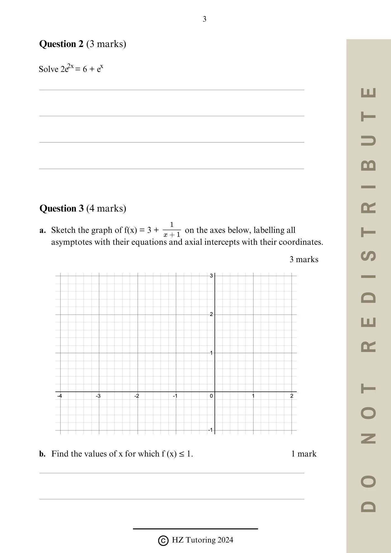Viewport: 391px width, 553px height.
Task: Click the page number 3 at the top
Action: click(x=205, y=19)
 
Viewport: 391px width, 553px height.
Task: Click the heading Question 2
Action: click(x=61, y=44)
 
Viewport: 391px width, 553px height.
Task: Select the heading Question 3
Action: click(x=61, y=208)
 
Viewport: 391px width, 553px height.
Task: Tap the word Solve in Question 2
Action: click(x=48, y=69)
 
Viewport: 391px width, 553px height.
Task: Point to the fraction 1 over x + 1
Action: click(x=172, y=230)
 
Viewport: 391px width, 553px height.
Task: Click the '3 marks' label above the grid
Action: click(x=304, y=259)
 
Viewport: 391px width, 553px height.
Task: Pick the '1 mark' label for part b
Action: click(x=304, y=454)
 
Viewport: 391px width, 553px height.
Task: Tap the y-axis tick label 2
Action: click(x=211, y=314)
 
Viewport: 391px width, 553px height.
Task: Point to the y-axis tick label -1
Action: click(x=210, y=430)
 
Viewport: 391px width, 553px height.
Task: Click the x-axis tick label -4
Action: click(x=59, y=396)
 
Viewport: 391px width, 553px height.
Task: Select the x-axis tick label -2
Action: click(x=137, y=396)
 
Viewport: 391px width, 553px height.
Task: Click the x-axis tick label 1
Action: click(x=253, y=396)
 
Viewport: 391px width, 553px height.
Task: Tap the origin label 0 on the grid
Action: click(x=211, y=396)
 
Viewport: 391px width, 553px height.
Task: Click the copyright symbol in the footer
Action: click(x=163, y=541)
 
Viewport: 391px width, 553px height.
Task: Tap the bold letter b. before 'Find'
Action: click(x=42, y=454)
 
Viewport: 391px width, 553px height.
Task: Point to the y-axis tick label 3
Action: click(x=211, y=276)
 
